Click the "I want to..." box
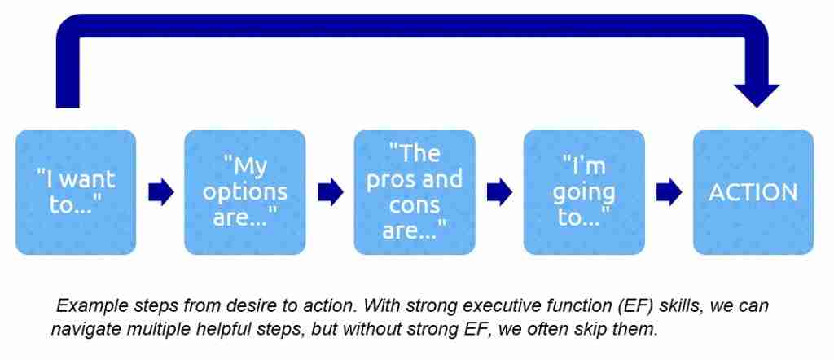pyautogui.click(x=76, y=192)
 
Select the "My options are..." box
pyautogui.click(x=245, y=192)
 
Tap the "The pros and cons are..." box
pyautogui.click(x=415, y=192)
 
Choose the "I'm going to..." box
pyautogui.click(x=584, y=192)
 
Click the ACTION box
pyautogui.click(x=753, y=192)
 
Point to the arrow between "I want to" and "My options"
pyautogui.click(x=161, y=192)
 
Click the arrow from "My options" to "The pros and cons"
pyautogui.click(x=330, y=192)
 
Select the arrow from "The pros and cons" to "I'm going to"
pyautogui.click(x=499, y=192)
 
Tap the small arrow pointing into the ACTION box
pyautogui.click(x=669, y=192)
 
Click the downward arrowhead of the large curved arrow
pyautogui.click(x=757, y=94)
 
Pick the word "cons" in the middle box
pyautogui.click(x=415, y=204)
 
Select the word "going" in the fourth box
pyautogui.click(x=589, y=192)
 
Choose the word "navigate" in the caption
pyautogui.click(x=82, y=329)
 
